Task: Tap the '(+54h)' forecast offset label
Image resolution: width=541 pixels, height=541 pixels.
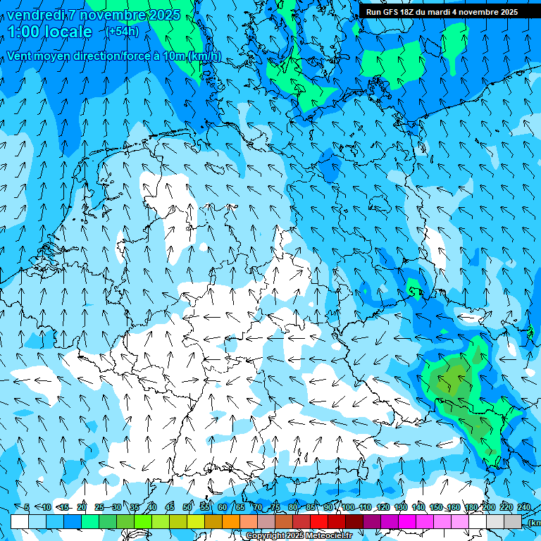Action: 123,31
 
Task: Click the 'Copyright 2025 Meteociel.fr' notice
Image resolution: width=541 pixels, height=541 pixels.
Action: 299,536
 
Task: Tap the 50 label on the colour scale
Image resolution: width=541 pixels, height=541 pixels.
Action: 187,507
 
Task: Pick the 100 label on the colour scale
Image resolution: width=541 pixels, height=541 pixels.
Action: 348,507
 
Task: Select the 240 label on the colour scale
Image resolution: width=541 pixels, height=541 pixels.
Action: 524,507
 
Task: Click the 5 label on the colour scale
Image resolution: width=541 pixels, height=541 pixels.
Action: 26,507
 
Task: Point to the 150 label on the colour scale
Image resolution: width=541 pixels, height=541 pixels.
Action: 436,507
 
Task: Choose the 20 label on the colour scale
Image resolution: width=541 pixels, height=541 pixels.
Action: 82,507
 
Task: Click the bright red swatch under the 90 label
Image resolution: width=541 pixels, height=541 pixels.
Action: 318,521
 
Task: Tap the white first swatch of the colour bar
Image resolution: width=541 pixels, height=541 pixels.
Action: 19,521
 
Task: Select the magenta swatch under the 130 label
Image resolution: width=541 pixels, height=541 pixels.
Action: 406,521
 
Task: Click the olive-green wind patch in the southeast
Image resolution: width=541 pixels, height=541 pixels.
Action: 451,380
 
